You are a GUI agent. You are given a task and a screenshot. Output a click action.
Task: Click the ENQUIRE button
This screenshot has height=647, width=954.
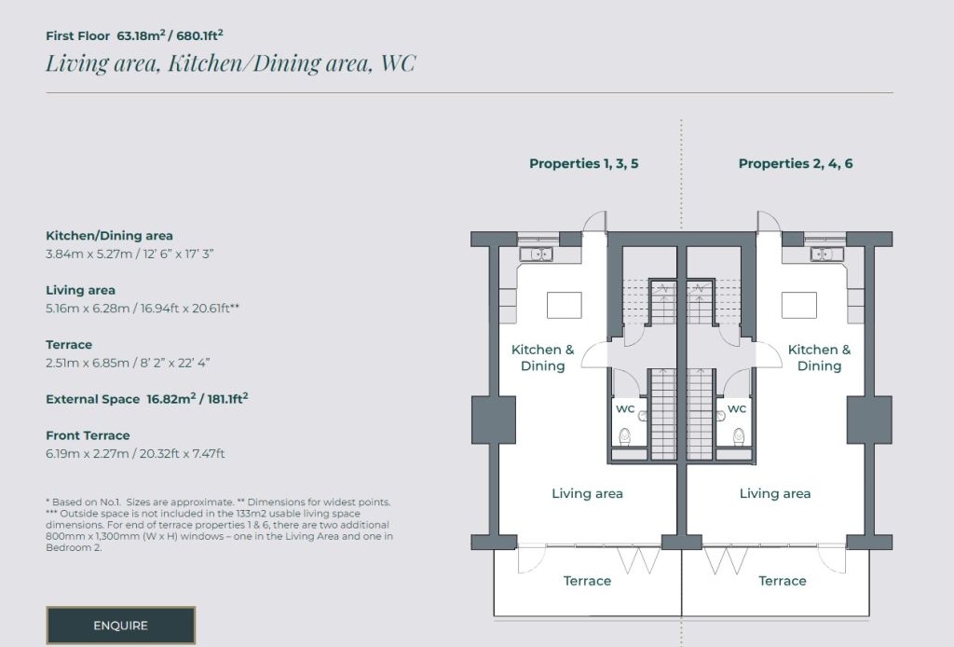pyautogui.click(x=120, y=625)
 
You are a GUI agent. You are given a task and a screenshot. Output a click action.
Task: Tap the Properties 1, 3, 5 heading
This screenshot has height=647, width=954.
pyautogui.click(x=583, y=164)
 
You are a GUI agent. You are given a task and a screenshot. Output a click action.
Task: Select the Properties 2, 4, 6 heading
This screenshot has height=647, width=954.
pyautogui.click(x=796, y=164)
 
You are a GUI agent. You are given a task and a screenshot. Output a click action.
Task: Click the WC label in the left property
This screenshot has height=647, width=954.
pyautogui.click(x=625, y=409)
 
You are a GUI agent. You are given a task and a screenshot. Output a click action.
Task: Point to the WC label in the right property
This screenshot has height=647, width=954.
pyautogui.click(x=736, y=409)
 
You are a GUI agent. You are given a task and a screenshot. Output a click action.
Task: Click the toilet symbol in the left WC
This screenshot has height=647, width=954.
pyautogui.click(x=625, y=436)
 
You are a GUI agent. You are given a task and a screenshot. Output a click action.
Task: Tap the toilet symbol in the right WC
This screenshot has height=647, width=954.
pyautogui.click(x=738, y=436)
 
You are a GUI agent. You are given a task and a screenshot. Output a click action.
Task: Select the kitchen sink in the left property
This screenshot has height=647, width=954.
pyautogui.click(x=536, y=254)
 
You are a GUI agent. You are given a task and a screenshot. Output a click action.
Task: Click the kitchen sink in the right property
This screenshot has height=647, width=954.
pyautogui.click(x=826, y=254)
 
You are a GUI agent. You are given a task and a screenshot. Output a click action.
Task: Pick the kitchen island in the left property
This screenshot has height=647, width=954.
pyautogui.click(x=564, y=305)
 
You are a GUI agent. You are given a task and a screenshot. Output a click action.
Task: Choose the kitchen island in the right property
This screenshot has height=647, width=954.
pyautogui.click(x=798, y=305)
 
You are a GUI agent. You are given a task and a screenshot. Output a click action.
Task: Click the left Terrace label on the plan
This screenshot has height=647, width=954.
pyautogui.click(x=587, y=581)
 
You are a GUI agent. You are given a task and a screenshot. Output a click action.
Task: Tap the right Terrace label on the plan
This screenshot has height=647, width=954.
pyautogui.click(x=783, y=581)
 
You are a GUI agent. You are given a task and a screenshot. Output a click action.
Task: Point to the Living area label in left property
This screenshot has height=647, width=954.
pyautogui.click(x=587, y=493)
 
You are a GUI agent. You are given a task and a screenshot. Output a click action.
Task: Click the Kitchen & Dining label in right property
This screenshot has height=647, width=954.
pyautogui.click(x=819, y=358)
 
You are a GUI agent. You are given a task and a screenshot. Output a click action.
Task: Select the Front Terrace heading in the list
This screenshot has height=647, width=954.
pyautogui.click(x=88, y=435)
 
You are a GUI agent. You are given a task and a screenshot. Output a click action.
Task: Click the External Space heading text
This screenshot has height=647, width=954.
pyautogui.click(x=92, y=399)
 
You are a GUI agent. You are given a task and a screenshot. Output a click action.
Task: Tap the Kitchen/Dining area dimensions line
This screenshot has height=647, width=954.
pyautogui.click(x=129, y=254)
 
